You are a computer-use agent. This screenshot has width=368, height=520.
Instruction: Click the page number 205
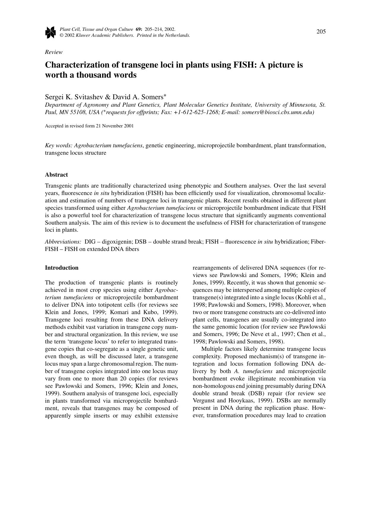pyautogui.click(x=321, y=32)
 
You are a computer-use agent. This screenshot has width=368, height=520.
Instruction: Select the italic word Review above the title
pyautogui.click(x=54, y=52)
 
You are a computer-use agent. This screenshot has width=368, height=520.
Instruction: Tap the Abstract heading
pyautogui.click(x=56, y=175)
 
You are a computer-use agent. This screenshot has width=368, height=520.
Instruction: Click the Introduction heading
pyautogui.click(x=62, y=268)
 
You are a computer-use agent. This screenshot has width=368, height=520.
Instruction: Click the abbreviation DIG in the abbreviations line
pyautogui.click(x=90, y=242)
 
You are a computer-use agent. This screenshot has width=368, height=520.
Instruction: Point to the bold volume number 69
pyautogui.click(x=139, y=29)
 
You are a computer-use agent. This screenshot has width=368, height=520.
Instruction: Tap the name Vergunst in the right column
pyautogui.click(x=203, y=401)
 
